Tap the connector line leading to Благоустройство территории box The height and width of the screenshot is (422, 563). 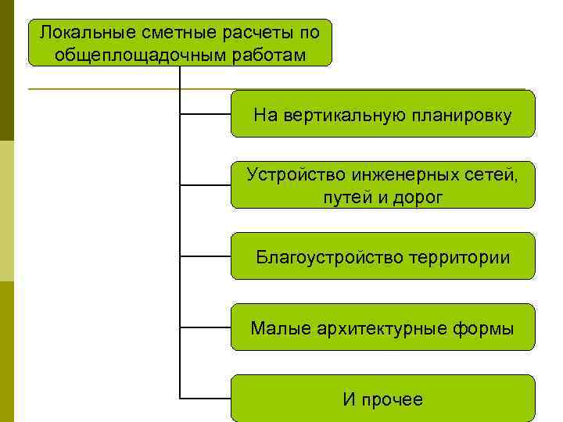pyautogui.click(x=205, y=256)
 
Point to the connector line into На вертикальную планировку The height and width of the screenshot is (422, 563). pyautogui.click(x=205, y=114)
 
